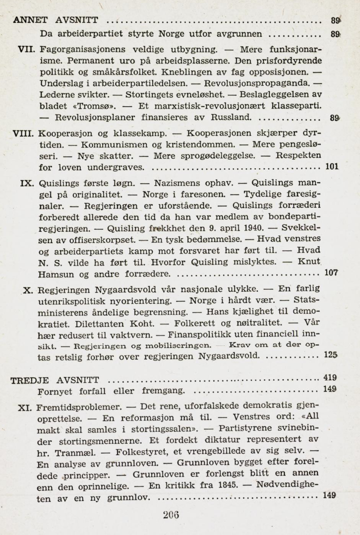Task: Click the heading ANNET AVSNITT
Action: pos(59,21)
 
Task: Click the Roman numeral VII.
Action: pos(25,50)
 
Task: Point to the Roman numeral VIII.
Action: pos(23,134)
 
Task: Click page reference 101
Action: pos(332,167)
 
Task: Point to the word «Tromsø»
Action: pos(94,106)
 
